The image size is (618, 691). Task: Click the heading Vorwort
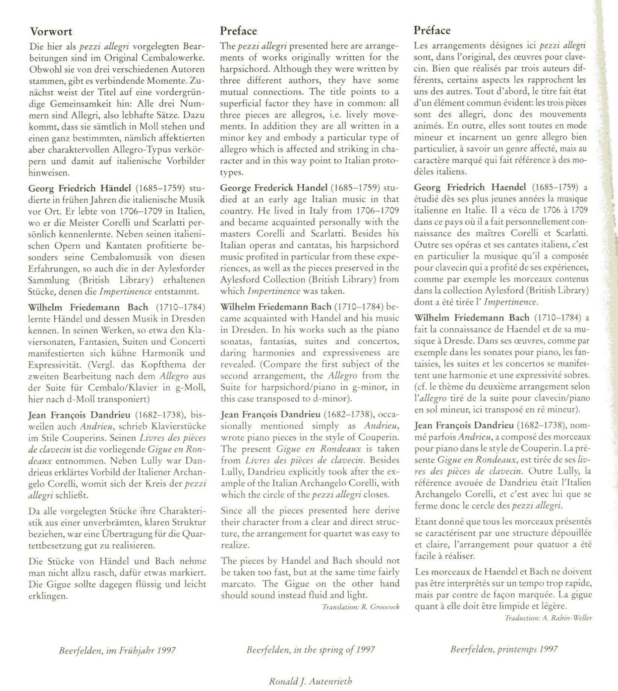[x=51, y=32]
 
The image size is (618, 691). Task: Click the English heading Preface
[x=238, y=31]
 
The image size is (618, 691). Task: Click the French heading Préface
[x=432, y=30]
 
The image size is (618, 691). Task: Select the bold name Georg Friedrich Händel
[x=80, y=188]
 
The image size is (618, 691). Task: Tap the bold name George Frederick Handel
[x=274, y=187]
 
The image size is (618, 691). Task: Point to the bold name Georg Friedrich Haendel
[x=470, y=187]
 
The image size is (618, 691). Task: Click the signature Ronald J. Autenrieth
[x=310, y=681]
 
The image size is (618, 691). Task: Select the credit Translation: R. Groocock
[x=361, y=607]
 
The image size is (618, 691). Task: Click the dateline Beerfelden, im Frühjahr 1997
[x=117, y=650]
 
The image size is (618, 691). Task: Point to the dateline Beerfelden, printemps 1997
[x=504, y=649]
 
